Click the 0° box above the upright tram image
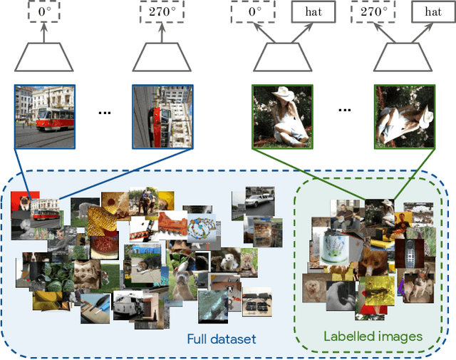pyautogui.click(x=44, y=12)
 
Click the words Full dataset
pyautogui.click(x=221, y=339)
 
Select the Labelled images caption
pyautogui.click(x=373, y=336)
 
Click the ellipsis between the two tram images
pyautogui.click(x=104, y=113)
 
